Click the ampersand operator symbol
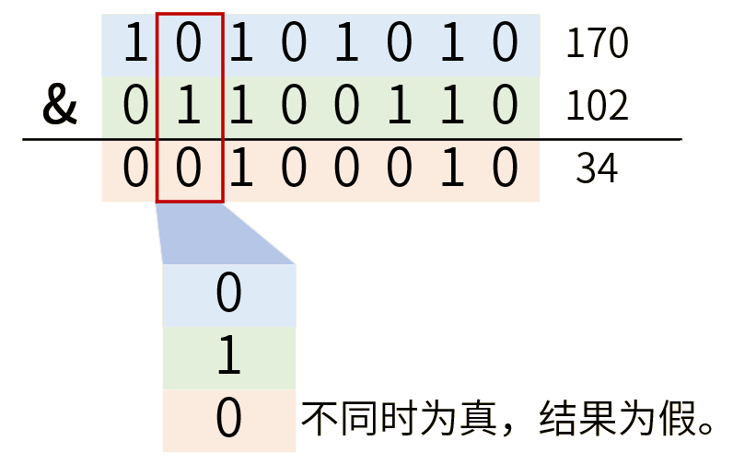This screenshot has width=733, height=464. (60, 108)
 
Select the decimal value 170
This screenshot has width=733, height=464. (596, 44)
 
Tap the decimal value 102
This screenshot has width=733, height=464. (596, 107)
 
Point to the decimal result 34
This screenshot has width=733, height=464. (596, 169)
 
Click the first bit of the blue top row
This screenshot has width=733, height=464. (134, 45)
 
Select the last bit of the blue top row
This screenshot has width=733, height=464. (504, 45)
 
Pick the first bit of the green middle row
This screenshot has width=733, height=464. (134, 108)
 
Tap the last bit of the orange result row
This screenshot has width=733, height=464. (504, 170)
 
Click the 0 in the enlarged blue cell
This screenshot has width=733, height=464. (228, 295)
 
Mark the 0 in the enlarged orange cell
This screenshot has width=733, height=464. (228, 420)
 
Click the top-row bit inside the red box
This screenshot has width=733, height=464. (188, 45)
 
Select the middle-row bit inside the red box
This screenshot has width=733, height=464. (188, 108)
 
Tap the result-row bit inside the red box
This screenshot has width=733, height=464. (188, 170)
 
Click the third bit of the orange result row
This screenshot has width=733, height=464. (241, 170)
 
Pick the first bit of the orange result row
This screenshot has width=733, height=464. (134, 170)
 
